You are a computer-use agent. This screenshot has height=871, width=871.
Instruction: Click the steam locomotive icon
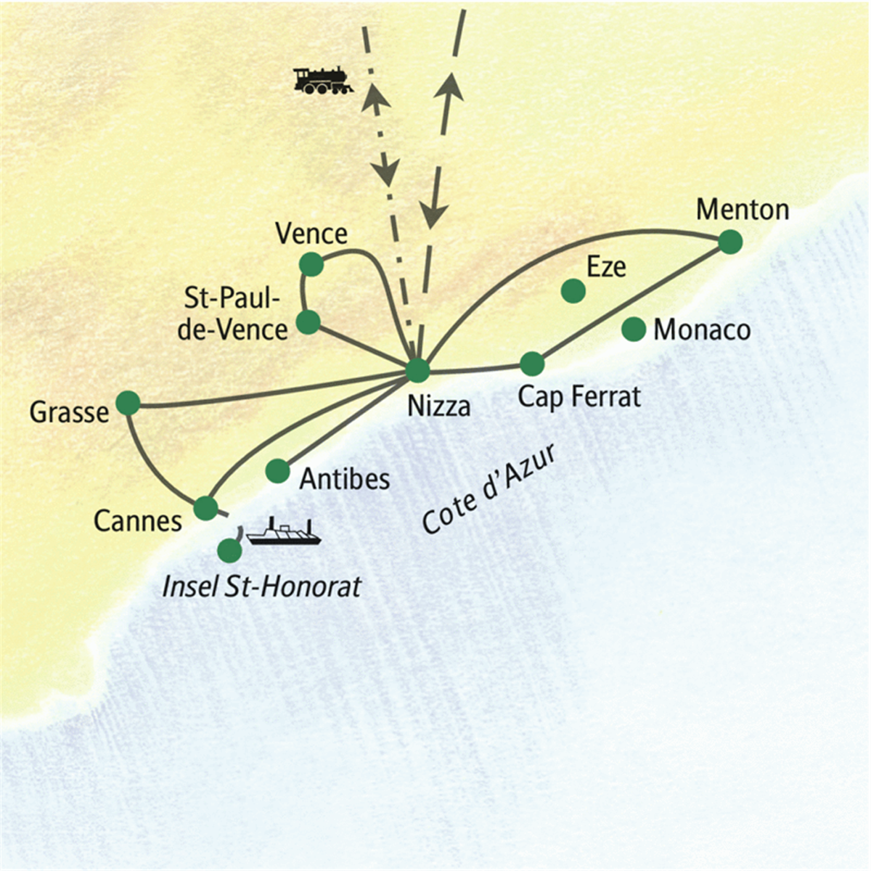[323, 81]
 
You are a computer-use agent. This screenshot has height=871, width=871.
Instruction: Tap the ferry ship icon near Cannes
[283, 531]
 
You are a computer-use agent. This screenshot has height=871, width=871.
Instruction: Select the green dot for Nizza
[417, 371]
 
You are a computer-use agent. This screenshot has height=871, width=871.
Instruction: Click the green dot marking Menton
[730, 242]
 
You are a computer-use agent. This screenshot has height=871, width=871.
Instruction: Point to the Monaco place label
[702, 330]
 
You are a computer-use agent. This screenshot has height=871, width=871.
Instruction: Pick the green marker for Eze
[573, 291]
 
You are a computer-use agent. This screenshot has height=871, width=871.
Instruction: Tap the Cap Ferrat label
[579, 397]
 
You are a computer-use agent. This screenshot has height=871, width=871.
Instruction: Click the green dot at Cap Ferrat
[533, 364]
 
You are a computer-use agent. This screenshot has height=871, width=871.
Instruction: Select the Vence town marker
[312, 264]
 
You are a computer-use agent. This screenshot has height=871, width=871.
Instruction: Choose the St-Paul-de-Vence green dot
[308, 322]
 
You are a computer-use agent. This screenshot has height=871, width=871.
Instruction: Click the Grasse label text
[69, 412]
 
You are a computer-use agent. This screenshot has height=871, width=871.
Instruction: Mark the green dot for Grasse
[128, 403]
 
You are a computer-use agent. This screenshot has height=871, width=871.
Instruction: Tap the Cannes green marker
[205, 508]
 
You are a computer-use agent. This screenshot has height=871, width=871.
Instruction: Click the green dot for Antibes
[277, 472]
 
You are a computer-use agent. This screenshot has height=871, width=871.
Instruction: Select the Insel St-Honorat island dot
[229, 550]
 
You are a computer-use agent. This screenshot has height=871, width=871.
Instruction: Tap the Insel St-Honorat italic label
[262, 586]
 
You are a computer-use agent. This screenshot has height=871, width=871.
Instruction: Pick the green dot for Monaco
[634, 329]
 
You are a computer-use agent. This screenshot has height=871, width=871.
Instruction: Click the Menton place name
[743, 210]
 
